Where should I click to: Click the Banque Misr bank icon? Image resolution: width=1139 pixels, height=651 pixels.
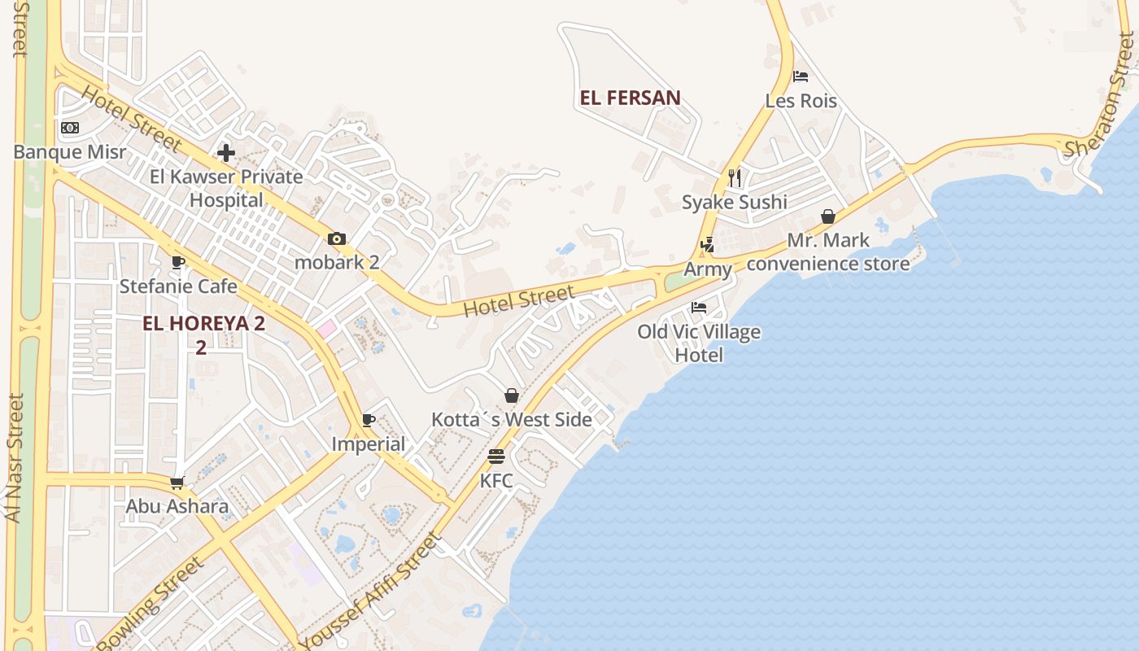point(70,128)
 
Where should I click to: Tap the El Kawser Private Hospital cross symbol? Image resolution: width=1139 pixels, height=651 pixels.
point(226,152)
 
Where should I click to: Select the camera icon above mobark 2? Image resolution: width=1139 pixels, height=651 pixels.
point(337,238)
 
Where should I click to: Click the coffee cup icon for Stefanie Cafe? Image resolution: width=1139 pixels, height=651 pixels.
point(178,262)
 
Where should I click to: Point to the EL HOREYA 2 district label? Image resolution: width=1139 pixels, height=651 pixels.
point(203,323)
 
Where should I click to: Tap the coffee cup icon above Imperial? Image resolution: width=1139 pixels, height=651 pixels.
point(369,420)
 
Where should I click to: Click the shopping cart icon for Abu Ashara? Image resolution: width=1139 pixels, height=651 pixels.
point(177,483)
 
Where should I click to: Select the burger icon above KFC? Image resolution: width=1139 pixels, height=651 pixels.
point(496,457)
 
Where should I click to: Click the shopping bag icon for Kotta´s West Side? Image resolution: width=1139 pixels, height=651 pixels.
point(512,395)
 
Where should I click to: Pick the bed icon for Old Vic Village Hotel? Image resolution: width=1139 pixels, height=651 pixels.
point(699,308)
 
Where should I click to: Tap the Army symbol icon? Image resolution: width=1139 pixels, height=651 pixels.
point(707,244)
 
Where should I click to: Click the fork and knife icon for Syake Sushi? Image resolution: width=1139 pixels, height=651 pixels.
point(735,177)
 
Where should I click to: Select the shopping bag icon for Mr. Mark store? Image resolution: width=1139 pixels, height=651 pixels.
point(828,216)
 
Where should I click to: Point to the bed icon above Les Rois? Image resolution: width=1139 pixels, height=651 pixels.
point(801,76)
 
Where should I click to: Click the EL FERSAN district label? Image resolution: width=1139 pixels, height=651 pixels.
point(630,98)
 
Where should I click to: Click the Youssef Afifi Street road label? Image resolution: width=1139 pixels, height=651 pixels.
point(372,593)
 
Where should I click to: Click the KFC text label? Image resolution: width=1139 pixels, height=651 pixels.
point(496,481)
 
